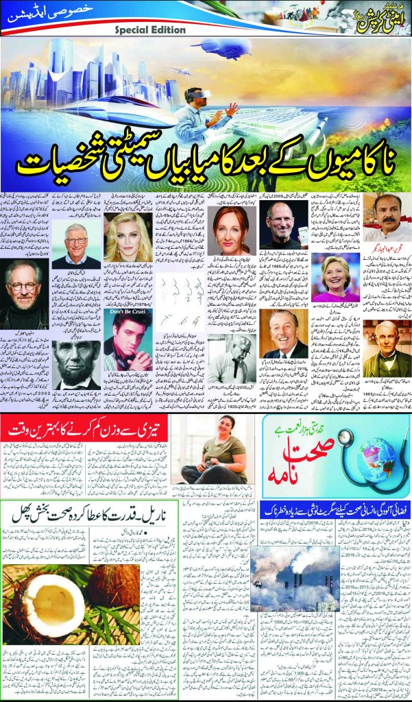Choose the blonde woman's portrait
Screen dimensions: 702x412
[127, 237]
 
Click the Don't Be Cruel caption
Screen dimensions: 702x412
[128, 312]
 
